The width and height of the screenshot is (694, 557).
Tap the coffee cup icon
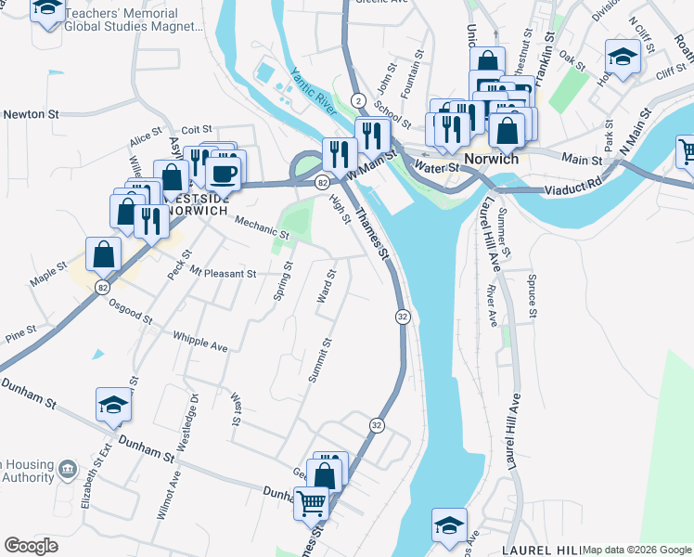tap(223, 172)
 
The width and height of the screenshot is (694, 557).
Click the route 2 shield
tap(357, 99)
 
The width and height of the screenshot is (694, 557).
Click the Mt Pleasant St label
tap(223, 274)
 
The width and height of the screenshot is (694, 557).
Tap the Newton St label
tap(30, 114)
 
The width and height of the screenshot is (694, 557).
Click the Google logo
tap(32, 546)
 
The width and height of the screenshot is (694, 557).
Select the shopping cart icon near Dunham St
tap(313, 503)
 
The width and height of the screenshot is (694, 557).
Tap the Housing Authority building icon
tap(67, 470)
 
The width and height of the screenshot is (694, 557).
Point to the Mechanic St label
tap(262, 227)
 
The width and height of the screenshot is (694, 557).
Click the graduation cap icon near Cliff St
tap(623, 57)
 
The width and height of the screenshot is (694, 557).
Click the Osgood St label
tap(130, 311)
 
